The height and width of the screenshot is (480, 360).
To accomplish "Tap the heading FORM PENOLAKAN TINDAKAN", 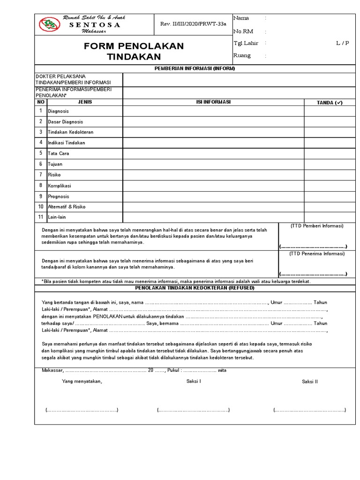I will click(134, 52).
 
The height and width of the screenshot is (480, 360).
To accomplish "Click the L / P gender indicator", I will click(342, 43).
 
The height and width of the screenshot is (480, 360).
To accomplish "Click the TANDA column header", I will click(330, 102).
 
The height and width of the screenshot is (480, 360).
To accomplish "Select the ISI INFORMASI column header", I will click(213, 102).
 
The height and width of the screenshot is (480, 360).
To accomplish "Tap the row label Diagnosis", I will click(59, 111).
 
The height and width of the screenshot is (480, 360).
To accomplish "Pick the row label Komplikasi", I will click(60, 186).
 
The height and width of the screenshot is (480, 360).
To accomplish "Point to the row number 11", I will click(41, 217).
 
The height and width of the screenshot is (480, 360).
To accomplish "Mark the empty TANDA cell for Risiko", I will click(330, 175).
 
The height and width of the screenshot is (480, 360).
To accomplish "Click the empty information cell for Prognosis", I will click(213, 196).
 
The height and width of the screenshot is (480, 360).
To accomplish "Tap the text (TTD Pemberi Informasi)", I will click(317, 226).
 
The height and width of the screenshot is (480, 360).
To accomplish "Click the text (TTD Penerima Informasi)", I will click(317, 254).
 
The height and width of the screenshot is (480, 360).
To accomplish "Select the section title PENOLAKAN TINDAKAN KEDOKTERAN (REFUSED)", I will click(195, 287).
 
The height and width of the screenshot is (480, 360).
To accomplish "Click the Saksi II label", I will click(310, 382).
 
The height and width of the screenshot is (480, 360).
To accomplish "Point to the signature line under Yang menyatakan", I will click(82, 410).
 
